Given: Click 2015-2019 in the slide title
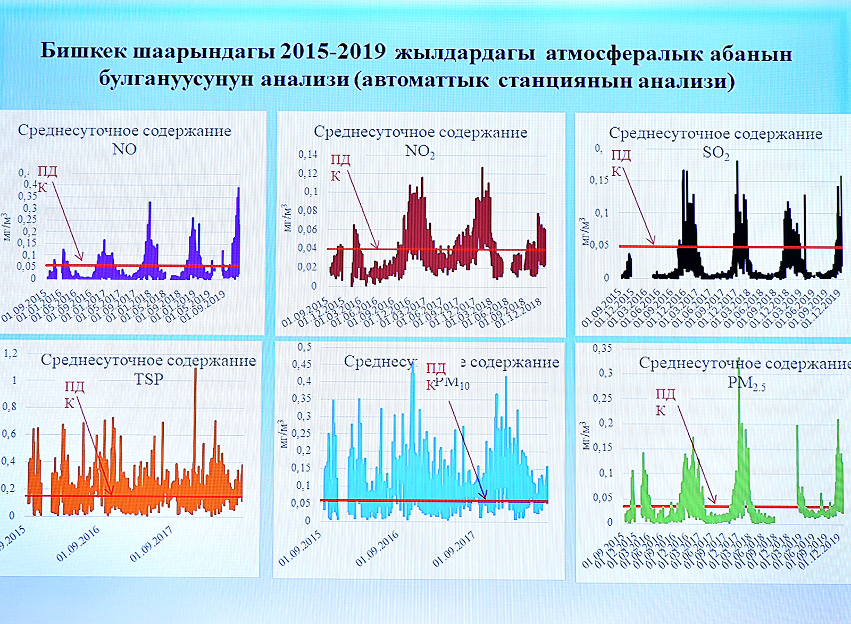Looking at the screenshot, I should click(332, 51).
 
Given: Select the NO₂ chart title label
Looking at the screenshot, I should click(420, 151).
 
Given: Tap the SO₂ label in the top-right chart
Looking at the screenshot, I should click(716, 153).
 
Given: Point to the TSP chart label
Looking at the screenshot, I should click(148, 379).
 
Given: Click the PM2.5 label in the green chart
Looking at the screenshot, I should click(746, 383).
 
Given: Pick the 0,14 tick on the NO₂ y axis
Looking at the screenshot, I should click(307, 155).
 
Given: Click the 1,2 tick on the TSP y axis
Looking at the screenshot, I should click(11, 353).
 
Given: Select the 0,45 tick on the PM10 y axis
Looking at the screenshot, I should click(302, 364).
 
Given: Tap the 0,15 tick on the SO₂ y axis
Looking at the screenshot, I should click(599, 180).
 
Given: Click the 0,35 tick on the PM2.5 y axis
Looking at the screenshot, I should click(602, 348).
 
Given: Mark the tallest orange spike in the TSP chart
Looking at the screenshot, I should click(195, 369).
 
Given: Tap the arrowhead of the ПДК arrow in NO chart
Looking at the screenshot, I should click(81, 259).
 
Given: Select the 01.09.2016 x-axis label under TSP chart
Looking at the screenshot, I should click(78, 544).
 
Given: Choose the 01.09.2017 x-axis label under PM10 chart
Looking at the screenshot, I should click(453, 549).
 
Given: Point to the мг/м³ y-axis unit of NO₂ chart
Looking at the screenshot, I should click(287, 218).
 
